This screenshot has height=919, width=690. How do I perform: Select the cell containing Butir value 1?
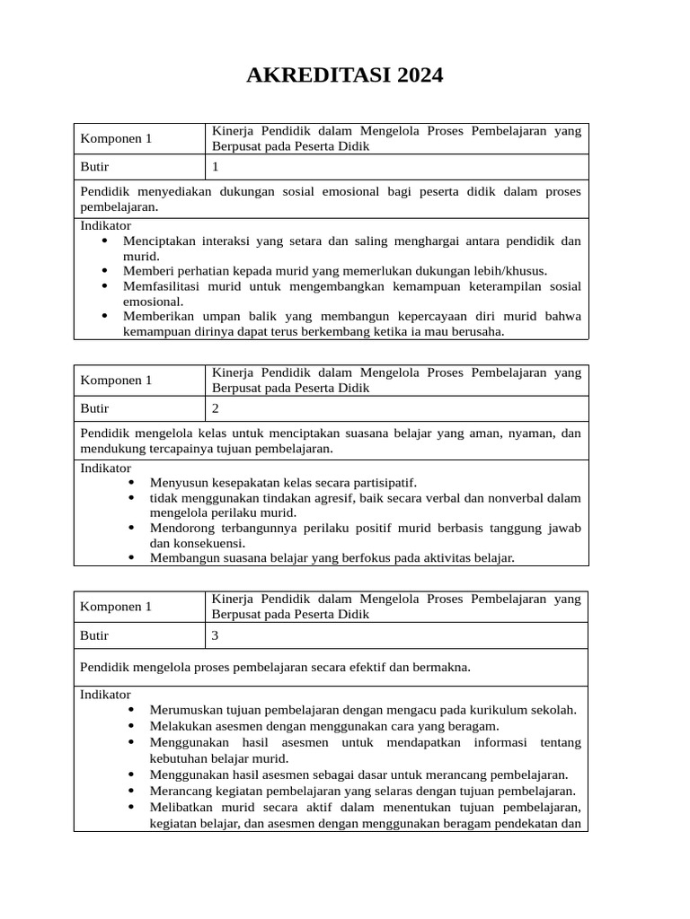pos(396,167)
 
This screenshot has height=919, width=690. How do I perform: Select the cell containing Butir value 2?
pos(396,408)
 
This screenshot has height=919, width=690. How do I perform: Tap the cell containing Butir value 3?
pos(396,635)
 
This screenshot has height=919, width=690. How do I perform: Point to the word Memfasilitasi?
pos(161,286)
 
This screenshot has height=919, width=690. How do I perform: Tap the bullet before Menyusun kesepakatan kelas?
pos(132,482)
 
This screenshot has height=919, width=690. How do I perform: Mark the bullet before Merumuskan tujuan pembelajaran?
pos(132,709)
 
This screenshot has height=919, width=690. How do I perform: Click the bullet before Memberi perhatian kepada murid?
pos(105,271)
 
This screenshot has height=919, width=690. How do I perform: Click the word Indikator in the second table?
pos(106,468)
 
